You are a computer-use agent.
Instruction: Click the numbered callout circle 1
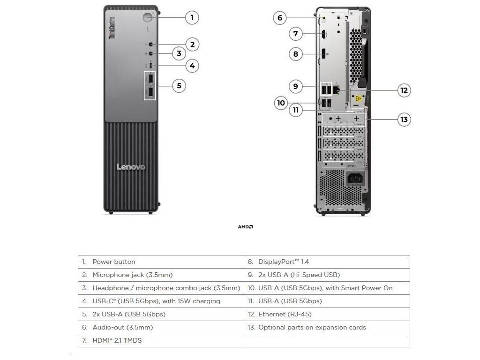(x=191, y=18)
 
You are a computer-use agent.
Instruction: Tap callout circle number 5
(x=179, y=86)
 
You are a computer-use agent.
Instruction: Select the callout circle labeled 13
(x=404, y=120)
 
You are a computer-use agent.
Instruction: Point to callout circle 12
(x=404, y=90)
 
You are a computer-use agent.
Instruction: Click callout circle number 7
(x=295, y=34)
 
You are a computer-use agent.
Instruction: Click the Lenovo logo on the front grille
(x=131, y=167)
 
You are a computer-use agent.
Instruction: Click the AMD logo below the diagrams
(x=245, y=227)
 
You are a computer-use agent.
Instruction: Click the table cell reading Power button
(x=114, y=262)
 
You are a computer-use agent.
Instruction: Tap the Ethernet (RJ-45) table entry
(x=285, y=314)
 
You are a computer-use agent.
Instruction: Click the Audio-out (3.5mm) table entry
(x=122, y=327)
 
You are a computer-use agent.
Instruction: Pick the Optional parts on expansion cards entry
(x=312, y=327)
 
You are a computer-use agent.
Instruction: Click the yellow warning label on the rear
(x=359, y=99)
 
